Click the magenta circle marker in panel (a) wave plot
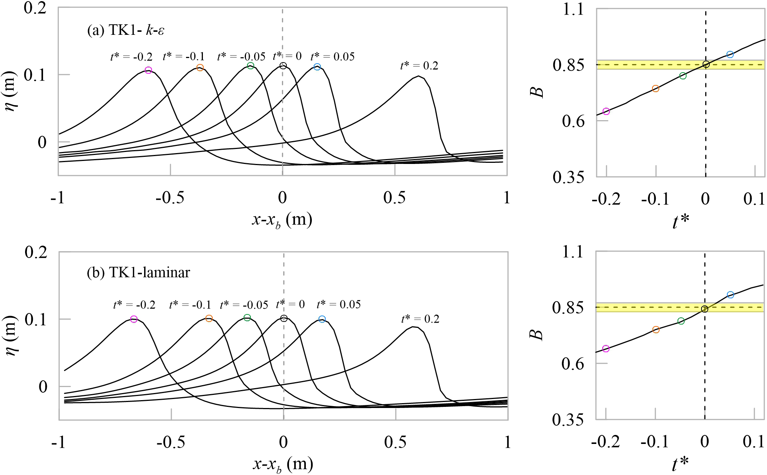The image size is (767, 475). coord(148,70)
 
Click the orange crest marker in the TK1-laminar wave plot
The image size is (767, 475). coord(209,318)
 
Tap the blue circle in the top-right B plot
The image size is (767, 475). coord(730,55)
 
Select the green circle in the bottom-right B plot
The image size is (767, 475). coord(681,321)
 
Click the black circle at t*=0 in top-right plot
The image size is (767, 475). coord(706,64)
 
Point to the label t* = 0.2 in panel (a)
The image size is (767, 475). coord(419,66)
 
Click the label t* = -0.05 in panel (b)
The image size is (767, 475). coord(244,305)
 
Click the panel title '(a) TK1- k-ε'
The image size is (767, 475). coord(126,30)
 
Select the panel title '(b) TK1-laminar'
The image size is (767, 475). coord(138,272)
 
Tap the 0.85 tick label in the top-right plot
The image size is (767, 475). coord(568,65)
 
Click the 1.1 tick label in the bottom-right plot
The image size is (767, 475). coord(573,252)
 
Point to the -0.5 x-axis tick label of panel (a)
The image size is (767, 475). coord(170,198)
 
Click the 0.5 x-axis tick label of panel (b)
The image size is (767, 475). coord(395,442)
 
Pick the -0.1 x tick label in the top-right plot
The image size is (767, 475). coord(655,199)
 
